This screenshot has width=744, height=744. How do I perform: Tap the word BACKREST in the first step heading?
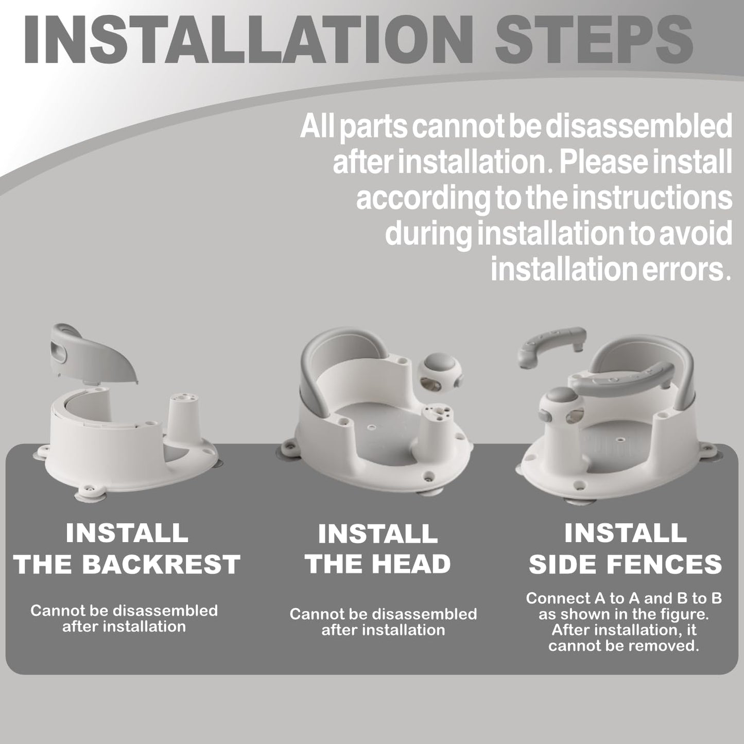(161, 564)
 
